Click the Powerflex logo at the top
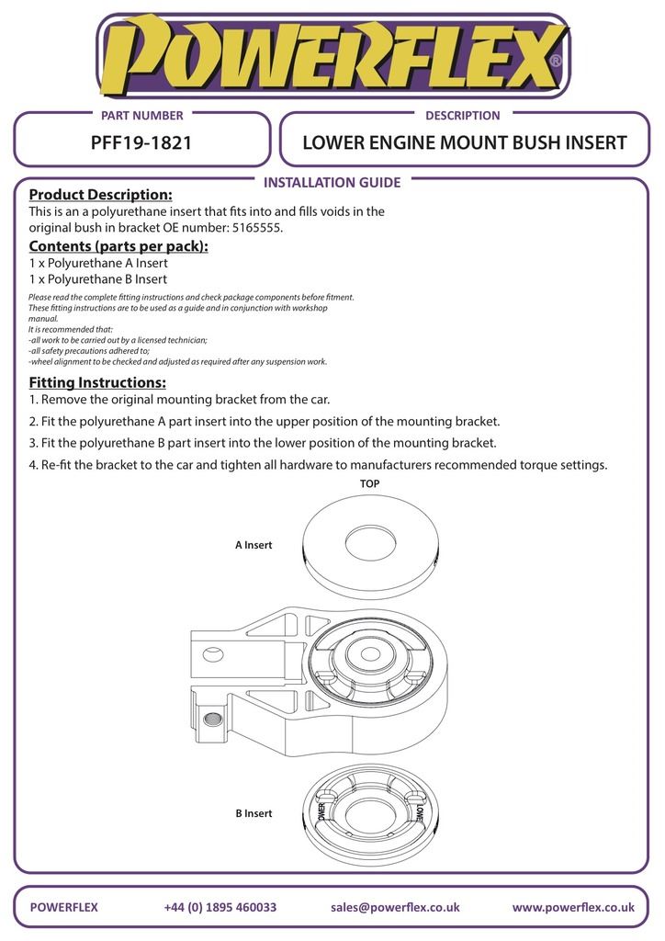tap(332, 57)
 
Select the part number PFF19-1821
tap(141, 143)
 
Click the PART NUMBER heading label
tap(141, 116)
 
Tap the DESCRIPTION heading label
tap(463, 116)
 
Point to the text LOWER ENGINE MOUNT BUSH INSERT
tap(464, 143)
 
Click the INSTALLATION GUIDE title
tap(332, 183)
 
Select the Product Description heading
tap(100, 195)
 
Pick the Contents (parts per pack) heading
tap(118, 245)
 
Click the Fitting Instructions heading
tap(97, 382)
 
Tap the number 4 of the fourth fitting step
tap(32, 465)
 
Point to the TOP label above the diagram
tap(369, 483)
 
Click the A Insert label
tap(254, 545)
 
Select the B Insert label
tap(254, 813)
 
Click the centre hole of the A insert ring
tap(368, 542)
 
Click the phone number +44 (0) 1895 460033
tap(220, 907)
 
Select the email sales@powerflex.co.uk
tap(395, 907)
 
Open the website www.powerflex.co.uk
tap(573, 907)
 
